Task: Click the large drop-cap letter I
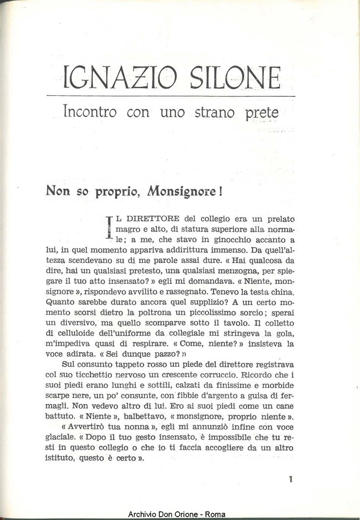tap(108, 228)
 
